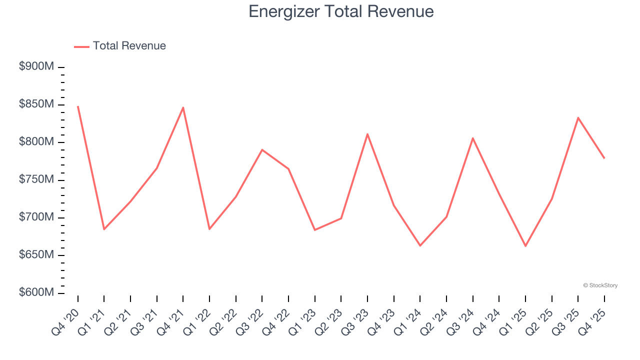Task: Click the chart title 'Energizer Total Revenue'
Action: [x=341, y=11]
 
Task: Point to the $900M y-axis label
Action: [x=36, y=66]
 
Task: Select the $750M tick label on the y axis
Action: [x=36, y=179]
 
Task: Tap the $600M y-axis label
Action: [x=36, y=292]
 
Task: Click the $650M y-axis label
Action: [x=36, y=255]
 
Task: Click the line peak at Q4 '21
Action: [x=183, y=107]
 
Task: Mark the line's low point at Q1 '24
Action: [x=420, y=245]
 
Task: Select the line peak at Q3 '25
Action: [x=578, y=118]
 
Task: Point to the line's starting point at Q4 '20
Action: [x=78, y=106]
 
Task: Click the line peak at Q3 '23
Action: [x=367, y=134]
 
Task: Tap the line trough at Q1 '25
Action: [x=525, y=246]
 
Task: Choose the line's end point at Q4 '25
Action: [x=604, y=158]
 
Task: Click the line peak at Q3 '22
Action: [x=262, y=149]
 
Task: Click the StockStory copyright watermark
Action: [x=600, y=285]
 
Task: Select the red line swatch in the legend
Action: [x=81, y=46]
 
